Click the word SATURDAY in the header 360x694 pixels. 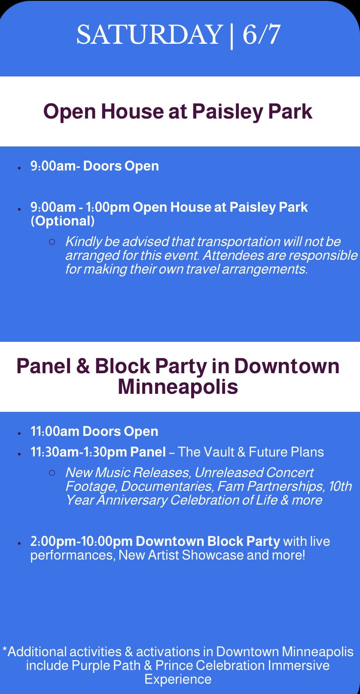tap(149, 34)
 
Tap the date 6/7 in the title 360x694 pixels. tap(261, 34)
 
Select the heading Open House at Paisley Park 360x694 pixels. tap(178, 112)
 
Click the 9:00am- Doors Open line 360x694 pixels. tap(95, 166)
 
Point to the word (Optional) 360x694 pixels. tap(63, 221)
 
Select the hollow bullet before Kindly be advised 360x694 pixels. tap(52, 242)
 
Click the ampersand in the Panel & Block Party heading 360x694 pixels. tap(83, 366)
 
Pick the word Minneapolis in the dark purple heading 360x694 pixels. tap(178, 387)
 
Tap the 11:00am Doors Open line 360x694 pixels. tap(94, 432)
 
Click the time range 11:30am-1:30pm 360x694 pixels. tap(78, 452)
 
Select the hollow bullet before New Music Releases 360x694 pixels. tap(52, 473)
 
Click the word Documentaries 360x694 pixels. tap(167, 487)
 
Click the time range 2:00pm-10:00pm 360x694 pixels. tap(82, 541)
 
